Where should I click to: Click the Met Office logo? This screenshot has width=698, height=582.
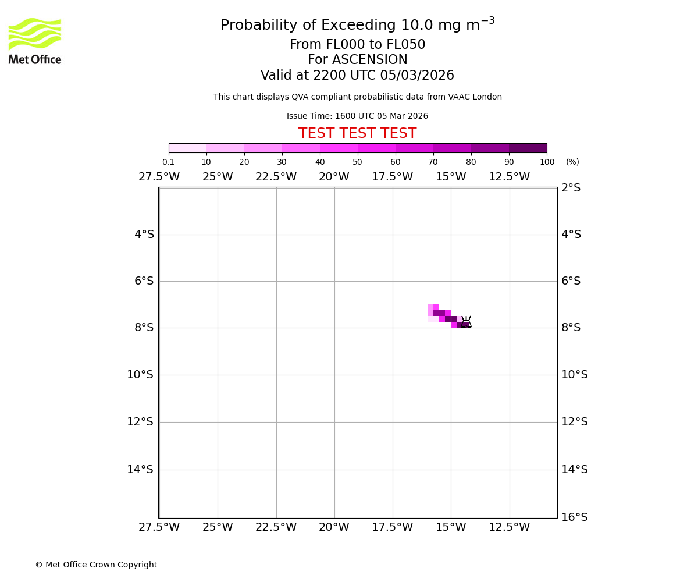click(35, 41)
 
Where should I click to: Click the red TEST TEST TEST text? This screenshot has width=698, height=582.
click(357, 134)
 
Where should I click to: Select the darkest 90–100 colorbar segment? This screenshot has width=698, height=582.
click(528, 148)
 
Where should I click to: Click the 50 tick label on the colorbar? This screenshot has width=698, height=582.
click(357, 162)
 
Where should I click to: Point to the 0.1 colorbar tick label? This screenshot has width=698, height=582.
click(168, 162)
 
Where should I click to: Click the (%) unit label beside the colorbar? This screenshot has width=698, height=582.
click(572, 162)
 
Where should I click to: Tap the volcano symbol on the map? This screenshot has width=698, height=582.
click(466, 322)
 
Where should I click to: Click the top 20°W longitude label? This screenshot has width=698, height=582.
click(334, 177)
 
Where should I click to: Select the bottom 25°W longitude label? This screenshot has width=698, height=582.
click(218, 527)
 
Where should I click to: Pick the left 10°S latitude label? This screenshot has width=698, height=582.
click(140, 375)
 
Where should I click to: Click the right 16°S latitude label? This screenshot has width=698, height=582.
click(574, 517)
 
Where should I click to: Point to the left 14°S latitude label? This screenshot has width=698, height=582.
click(140, 470)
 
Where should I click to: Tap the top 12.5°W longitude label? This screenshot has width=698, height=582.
click(509, 177)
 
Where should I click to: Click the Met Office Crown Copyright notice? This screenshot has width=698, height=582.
click(96, 565)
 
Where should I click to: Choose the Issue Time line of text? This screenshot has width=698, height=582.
click(357, 116)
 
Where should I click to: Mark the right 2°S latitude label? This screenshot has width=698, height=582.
click(571, 188)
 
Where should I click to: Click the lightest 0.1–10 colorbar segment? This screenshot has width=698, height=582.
click(187, 148)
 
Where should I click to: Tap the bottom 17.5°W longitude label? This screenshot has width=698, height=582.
click(392, 527)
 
